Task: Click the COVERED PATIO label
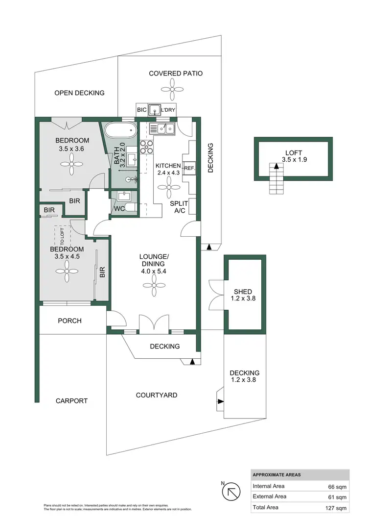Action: (176, 74)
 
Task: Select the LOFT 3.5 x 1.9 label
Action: (294, 156)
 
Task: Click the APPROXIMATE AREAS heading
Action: (277, 475)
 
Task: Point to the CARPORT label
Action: (71, 401)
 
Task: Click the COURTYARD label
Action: (157, 395)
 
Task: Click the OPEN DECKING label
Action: (79, 93)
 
